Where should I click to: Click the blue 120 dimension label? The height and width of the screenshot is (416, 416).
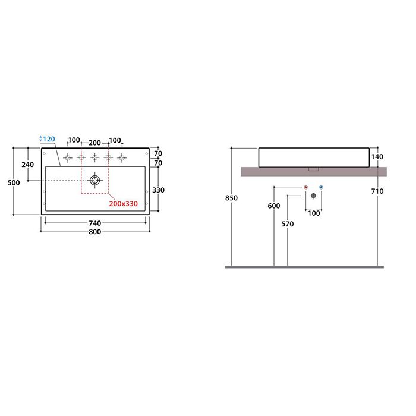pos(49,139)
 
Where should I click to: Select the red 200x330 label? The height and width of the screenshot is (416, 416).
pos(124,204)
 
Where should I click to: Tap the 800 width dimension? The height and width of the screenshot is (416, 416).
pos(94,232)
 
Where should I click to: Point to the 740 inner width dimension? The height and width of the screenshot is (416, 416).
pos(94,223)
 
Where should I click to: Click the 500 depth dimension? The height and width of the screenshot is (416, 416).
pos(14,183)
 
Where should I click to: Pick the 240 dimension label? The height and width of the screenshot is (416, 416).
pos(27,165)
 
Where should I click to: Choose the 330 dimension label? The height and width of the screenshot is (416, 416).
pos(159,190)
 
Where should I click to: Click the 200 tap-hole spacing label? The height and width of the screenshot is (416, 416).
pos(94,143)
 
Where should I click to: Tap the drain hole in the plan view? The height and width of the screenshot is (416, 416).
pos(94,181)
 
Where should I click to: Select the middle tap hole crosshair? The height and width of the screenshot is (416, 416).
pos(94,157)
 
